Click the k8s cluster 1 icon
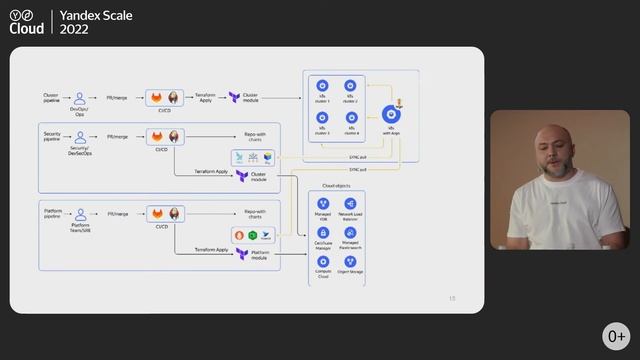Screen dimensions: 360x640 (x=323, y=87)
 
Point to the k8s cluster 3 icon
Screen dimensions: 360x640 (x=323, y=118)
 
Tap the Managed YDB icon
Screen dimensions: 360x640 (x=323, y=204)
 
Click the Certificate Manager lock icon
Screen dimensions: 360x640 (x=323, y=232)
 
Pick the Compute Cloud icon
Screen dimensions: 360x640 (x=323, y=261)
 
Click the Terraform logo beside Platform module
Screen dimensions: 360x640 (x=242, y=255)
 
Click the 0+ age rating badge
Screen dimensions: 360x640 (x=615, y=335)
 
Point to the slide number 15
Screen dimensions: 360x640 (x=452, y=297)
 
